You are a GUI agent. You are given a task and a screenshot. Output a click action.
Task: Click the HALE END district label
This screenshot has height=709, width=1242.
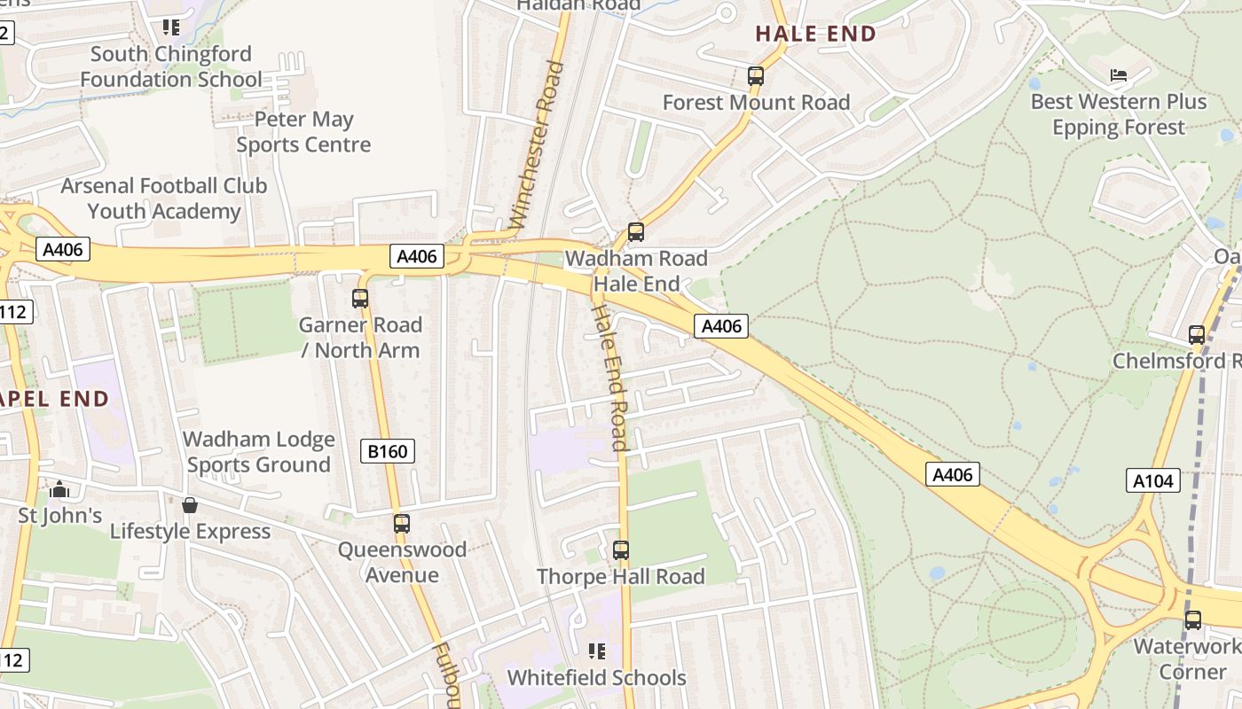click(x=815, y=34)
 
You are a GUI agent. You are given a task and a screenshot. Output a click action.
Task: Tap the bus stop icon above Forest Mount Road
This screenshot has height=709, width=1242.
click(x=756, y=76)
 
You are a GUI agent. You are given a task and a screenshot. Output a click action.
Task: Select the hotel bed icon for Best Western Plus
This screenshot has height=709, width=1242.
click(x=1119, y=75)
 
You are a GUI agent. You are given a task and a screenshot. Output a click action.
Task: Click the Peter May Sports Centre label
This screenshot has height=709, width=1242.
click(x=303, y=132)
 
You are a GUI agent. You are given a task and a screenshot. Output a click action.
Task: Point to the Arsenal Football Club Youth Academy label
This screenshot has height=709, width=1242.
click(x=164, y=199)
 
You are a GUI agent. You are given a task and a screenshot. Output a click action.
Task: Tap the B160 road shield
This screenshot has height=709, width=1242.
click(x=388, y=452)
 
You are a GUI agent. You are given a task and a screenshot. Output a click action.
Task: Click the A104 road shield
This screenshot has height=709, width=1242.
click(x=1153, y=481)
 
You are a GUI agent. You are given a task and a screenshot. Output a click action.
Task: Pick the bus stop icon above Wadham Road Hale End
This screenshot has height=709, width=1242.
click(x=636, y=232)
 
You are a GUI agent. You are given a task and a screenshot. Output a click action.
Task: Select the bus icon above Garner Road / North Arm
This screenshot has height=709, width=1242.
click(x=360, y=299)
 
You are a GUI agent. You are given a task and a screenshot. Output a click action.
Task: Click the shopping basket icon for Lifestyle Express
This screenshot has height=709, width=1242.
click(x=190, y=505)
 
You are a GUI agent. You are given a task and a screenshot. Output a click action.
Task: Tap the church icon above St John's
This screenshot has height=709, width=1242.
click(x=59, y=489)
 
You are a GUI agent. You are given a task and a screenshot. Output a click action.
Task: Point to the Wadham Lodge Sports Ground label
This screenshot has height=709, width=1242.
click(x=259, y=452)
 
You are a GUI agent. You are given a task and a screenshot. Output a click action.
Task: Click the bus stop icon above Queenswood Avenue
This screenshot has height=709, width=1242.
click(x=402, y=524)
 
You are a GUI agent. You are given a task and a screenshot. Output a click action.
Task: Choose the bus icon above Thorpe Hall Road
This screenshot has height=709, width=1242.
click(x=621, y=550)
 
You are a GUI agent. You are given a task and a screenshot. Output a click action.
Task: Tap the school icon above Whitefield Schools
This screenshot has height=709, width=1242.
click(x=597, y=651)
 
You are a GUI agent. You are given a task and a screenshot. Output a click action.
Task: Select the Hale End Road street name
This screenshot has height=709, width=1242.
click(x=611, y=377)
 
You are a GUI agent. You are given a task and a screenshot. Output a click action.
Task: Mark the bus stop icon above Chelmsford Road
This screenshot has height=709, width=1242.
click(x=1197, y=335)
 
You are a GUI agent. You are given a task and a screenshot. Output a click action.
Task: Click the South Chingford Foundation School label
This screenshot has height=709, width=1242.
click(x=171, y=66)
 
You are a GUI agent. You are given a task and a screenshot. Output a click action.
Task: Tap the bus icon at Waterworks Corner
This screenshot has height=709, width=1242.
click(x=1193, y=620)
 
